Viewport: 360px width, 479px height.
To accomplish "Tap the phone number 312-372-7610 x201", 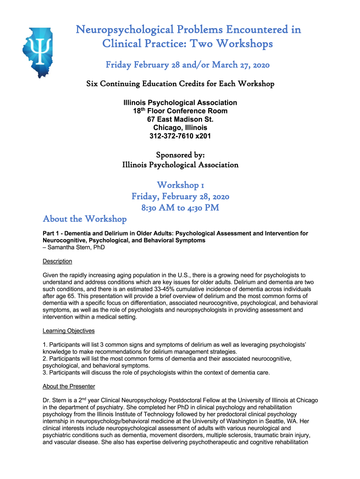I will coord(180,136).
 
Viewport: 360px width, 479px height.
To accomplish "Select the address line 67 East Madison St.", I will coord(180,119).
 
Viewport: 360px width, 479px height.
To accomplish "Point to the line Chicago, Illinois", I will coord(180,128).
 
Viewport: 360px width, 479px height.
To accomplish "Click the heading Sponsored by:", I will coord(180,155).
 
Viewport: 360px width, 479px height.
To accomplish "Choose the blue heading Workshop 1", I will coord(180,185).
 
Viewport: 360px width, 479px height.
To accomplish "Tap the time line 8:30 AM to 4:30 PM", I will coord(180,208).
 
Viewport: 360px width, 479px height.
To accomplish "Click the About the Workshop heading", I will coord(85,219).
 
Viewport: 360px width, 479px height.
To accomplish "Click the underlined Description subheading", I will coord(57,261).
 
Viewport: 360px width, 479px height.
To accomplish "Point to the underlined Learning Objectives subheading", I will coord(68,331).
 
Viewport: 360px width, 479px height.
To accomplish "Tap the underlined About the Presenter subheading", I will coord(69,386).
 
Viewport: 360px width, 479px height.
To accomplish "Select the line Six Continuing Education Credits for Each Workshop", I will coord(180,84).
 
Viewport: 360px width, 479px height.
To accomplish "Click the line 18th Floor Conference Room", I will coord(180,111).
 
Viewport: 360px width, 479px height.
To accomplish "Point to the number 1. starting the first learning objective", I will coord(45,345).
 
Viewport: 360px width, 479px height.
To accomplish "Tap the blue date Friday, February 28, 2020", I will coord(180,196).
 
